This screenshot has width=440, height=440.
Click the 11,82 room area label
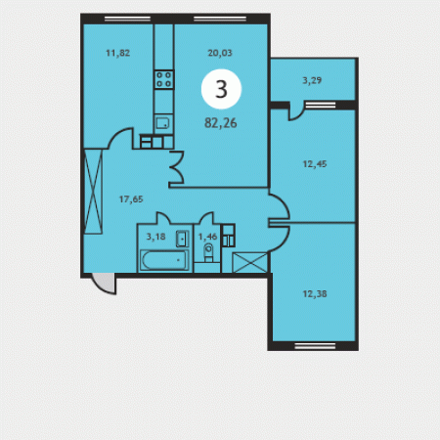118,53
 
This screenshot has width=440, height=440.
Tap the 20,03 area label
220,53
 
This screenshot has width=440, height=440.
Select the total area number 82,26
221,123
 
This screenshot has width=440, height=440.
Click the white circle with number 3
221,89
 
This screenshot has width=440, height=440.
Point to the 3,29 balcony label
312,80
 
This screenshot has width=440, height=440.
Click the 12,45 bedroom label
315,164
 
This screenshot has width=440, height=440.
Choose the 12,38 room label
315,294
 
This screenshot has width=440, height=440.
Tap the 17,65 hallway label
131,199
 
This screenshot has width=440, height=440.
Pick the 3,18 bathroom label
155,237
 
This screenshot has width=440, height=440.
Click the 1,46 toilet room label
207,237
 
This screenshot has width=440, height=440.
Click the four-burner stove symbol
164,79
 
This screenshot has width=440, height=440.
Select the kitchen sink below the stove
163,123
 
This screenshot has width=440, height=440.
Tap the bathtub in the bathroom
164,260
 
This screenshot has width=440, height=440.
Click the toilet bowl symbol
208,252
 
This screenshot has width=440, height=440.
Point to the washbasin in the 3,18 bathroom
182,239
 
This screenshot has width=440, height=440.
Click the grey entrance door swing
105,284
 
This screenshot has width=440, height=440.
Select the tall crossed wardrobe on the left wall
93,192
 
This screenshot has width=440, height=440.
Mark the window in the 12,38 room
315,346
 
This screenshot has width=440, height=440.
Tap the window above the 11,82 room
127,19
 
